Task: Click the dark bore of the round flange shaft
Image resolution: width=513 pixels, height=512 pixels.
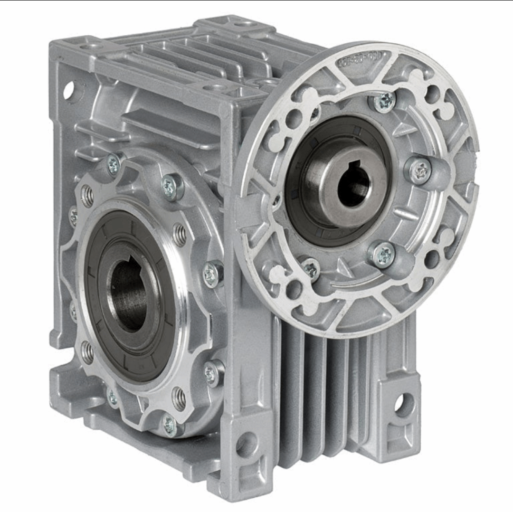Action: click(x=352, y=187)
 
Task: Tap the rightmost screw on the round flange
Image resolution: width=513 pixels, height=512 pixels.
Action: click(x=420, y=170)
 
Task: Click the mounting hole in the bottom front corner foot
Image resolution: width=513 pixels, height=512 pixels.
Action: click(x=246, y=445)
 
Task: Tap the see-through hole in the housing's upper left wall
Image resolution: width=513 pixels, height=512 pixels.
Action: click(x=68, y=89)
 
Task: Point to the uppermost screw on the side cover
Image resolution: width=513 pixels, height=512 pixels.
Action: click(x=114, y=165)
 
